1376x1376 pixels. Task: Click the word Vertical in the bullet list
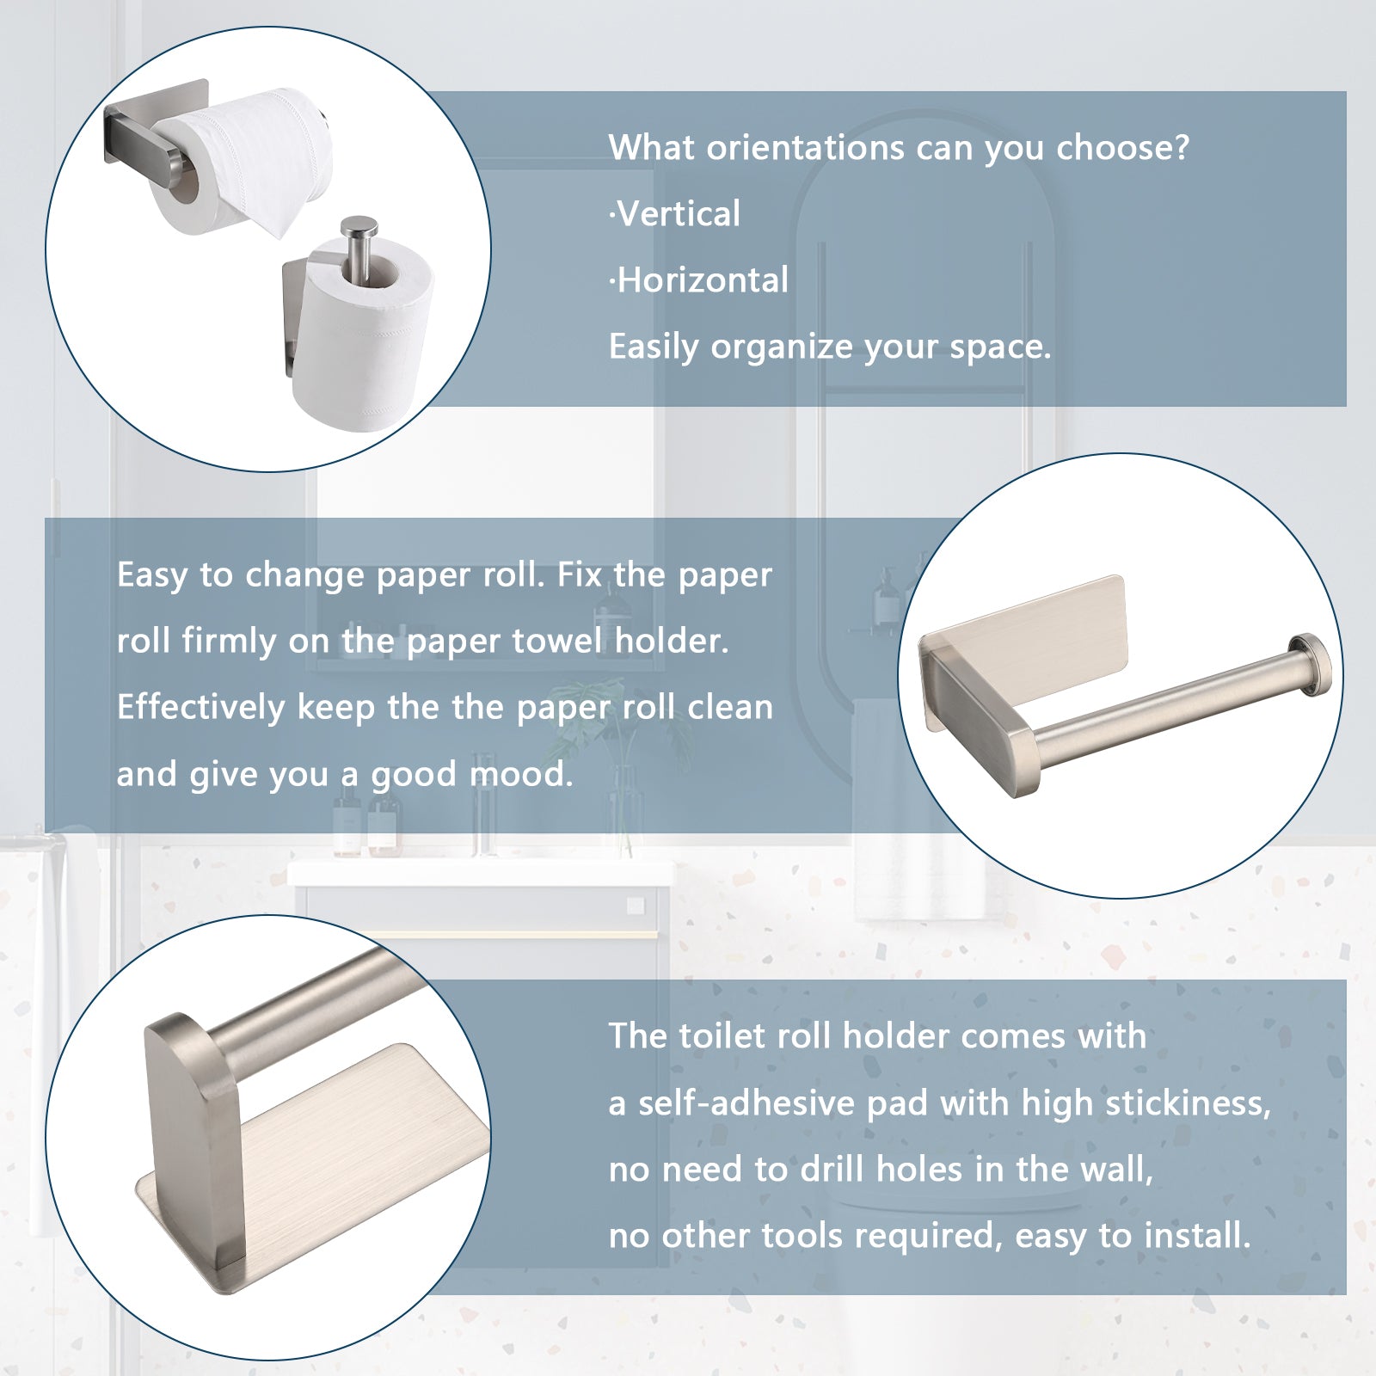pos(679,213)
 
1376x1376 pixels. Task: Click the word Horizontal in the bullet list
pos(703,280)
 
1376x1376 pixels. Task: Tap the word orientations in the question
pos(806,148)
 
